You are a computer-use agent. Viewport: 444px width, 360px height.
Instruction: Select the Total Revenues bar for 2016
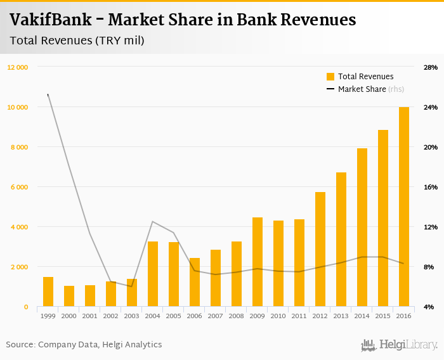(x=403, y=207)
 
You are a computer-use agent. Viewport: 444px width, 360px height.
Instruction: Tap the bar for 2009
(x=258, y=262)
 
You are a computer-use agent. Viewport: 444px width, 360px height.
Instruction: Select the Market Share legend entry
(x=362, y=89)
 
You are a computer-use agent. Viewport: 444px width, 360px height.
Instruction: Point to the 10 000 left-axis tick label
(x=18, y=107)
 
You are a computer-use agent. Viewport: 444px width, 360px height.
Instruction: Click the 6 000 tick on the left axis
(x=19, y=187)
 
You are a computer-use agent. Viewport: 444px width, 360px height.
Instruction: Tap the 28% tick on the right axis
(x=431, y=67)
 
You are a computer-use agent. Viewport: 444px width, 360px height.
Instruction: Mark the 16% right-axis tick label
(x=431, y=187)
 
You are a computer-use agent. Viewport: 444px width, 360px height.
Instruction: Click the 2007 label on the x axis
(x=216, y=316)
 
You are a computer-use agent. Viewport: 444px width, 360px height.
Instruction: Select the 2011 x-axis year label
(x=299, y=316)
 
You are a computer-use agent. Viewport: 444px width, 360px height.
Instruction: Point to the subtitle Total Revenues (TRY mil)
(x=77, y=41)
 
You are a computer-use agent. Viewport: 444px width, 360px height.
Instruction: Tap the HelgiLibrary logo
(x=400, y=345)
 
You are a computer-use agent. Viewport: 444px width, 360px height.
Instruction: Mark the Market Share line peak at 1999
(x=48, y=95)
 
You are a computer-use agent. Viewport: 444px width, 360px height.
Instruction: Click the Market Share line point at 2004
(x=153, y=221)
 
